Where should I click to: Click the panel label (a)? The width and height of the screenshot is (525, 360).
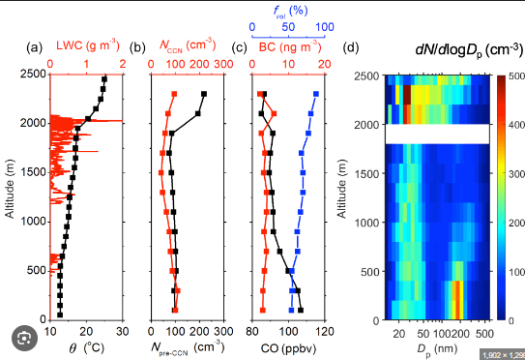[35, 47]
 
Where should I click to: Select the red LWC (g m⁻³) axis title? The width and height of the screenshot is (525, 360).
[88, 45]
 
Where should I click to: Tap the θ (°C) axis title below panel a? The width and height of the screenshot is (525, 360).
[87, 348]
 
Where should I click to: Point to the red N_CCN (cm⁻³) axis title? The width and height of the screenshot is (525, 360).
[188, 45]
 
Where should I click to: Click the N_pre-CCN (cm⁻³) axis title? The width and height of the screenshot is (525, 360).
[188, 348]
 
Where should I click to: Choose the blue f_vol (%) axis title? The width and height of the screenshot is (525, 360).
[291, 11]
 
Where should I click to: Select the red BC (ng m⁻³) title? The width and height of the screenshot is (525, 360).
[290, 46]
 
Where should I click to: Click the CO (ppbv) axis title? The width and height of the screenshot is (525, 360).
[288, 348]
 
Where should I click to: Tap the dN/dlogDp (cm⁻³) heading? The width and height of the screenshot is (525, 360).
[469, 49]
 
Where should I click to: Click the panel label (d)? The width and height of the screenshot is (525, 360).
[351, 47]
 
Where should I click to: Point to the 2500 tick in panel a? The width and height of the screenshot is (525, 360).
[33, 75]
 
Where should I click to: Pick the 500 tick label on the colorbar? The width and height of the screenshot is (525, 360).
[516, 76]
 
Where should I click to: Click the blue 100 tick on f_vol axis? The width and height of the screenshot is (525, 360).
[325, 27]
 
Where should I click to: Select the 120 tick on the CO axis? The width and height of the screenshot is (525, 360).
[325, 332]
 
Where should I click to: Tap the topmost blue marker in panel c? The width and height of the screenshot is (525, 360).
[316, 94]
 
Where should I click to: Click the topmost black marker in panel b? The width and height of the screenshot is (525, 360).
[204, 94]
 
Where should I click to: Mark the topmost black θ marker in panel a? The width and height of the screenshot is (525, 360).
[104, 79]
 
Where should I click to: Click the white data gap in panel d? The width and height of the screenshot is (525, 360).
[437, 135]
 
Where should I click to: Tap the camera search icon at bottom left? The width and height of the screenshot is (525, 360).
[24, 338]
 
